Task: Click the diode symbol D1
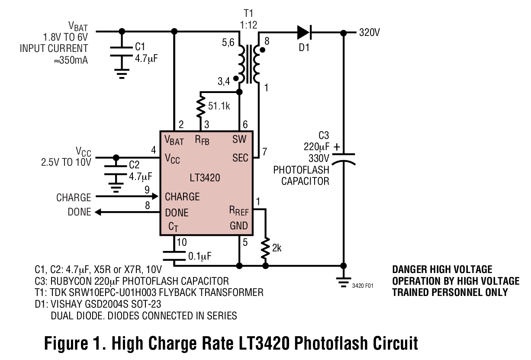tap(304, 32)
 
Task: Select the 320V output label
tap(369, 32)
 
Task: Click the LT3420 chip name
tap(205, 177)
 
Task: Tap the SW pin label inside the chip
tap(239, 139)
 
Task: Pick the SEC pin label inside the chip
tap(240, 157)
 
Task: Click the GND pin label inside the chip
tap(239, 226)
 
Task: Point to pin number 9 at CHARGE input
tap(148, 189)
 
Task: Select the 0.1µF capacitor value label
tap(200, 256)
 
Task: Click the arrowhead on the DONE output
tap(98, 212)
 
